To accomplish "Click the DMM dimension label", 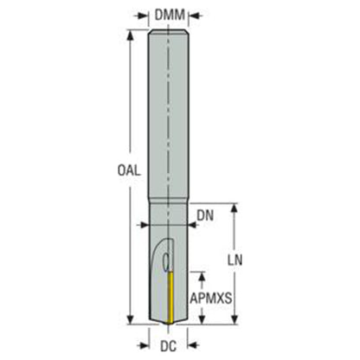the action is pos(170,15).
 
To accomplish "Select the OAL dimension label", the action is pos(129,170).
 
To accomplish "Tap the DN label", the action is pos(205,215).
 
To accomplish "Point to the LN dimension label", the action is pos(235,260).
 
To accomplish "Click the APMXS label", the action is pos(211,299).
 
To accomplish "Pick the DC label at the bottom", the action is pos(169,346).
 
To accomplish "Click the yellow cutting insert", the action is pos(170,297).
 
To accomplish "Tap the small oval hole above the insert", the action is pos(166,262).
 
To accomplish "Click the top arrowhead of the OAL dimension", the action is pos(131,35).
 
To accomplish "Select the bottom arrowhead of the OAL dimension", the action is pos(131,318).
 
